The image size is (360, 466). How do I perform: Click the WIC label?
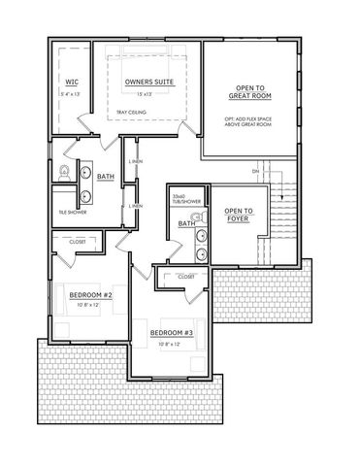coord(72,83)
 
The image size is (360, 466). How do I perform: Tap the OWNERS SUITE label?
coord(149,83)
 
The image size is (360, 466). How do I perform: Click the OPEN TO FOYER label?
coord(240,214)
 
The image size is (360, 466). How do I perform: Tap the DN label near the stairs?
coord(256,173)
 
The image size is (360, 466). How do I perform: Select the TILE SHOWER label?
coord(71,211)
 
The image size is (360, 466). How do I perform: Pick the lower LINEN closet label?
coord(137,206)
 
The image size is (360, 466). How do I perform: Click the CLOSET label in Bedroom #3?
coord(188,278)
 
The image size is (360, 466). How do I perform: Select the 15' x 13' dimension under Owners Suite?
coord(149,95)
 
